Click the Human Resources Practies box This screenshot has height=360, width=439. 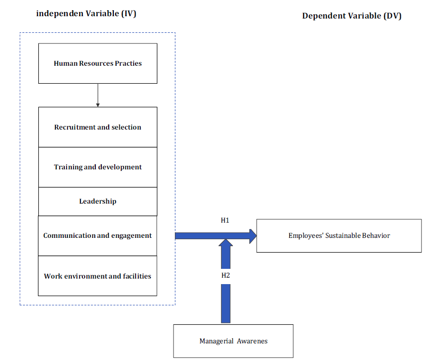tap(98, 63)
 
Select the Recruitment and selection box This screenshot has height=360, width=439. tap(98, 127)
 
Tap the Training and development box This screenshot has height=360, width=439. tap(98, 167)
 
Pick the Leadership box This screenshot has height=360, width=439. tap(98, 201)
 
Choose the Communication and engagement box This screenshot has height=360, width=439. tap(98, 236)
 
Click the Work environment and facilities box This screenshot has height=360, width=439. tap(98, 276)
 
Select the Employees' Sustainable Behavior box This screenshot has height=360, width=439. tap(339, 236)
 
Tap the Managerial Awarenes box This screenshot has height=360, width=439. tap(233, 341)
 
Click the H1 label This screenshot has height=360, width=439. tap(225, 220)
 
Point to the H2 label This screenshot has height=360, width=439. tap(225, 275)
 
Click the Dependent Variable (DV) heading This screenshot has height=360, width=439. tap(352, 16)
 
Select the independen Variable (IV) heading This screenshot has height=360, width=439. tap(86, 14)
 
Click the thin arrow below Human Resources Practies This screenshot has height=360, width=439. tap(98, 95)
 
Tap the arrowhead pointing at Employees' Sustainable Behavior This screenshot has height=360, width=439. tap(253, 236)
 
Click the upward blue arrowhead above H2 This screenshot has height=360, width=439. tap(226, 242)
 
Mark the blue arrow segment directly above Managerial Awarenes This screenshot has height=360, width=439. tap(226, 304)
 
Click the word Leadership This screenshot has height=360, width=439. tap(98, 201)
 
